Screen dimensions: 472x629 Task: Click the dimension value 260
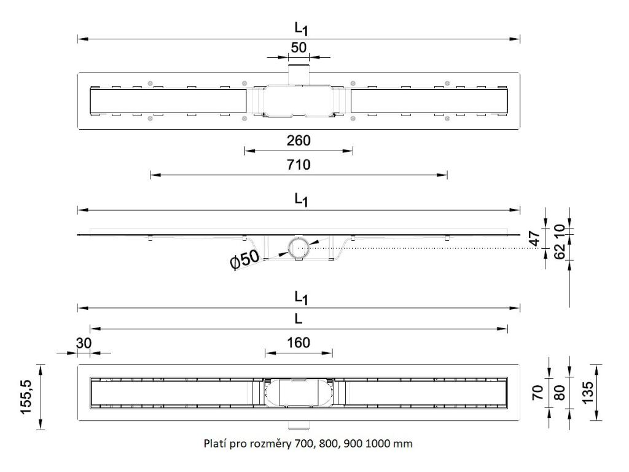tap(299, 140)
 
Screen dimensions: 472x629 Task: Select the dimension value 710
tap(299, 165)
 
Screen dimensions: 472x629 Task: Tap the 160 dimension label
tap(299, 342)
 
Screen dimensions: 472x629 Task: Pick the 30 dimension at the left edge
tap(82, 344)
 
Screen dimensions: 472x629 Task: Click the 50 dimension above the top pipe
tap(299, 47)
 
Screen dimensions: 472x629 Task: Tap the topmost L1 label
tap(299, 28)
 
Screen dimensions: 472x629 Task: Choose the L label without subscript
tap(298, 320)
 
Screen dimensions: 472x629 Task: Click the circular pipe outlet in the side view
tap(299, 248)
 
